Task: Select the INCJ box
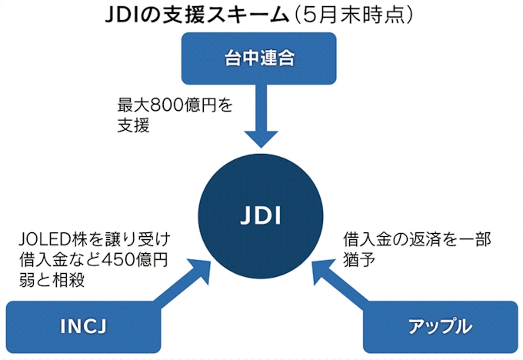(x=82, y=326)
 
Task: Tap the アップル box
(x=441, y=326)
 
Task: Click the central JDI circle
(x=261, y=214)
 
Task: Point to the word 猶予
(x=358, y=260)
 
